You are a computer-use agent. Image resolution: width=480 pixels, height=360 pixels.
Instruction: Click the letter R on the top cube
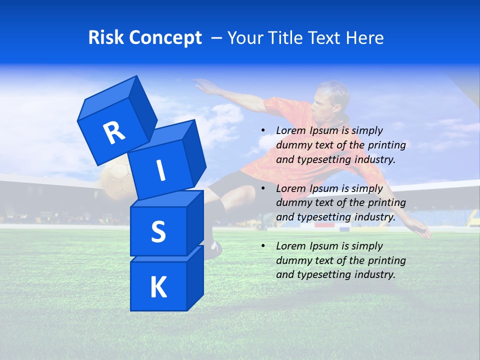114,132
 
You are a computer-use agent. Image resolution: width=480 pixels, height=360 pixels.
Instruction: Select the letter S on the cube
158,231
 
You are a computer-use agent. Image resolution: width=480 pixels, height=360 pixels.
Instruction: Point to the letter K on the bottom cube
158,287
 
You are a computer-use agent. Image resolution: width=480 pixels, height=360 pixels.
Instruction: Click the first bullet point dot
263,131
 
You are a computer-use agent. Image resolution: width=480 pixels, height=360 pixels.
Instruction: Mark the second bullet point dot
263,189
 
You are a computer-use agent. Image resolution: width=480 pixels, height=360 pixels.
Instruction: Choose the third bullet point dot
263,246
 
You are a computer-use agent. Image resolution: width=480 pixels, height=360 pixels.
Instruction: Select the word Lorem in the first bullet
290,130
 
